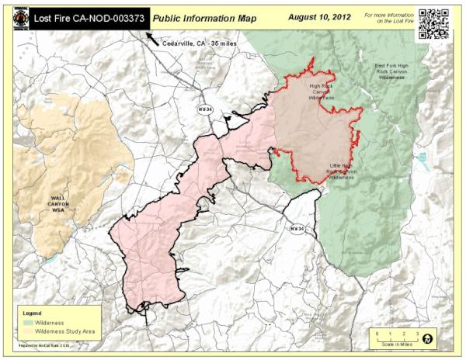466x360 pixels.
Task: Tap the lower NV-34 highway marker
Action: click(296, 229)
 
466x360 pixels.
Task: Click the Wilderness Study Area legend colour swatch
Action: click(29, 331)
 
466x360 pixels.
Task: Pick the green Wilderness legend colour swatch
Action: click(29, 320)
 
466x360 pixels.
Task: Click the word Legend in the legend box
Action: click(30, 311)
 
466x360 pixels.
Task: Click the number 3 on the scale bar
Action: click(417, 333)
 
